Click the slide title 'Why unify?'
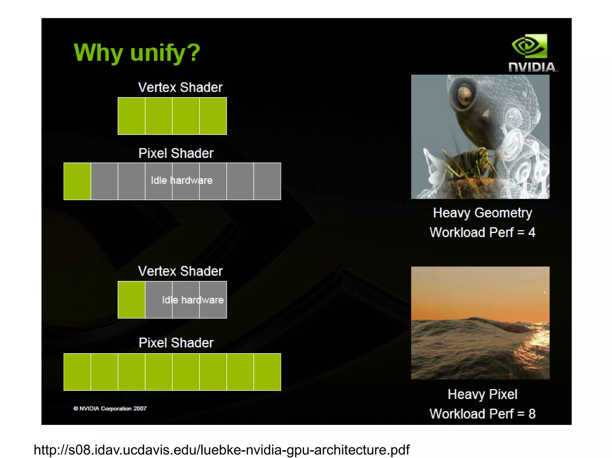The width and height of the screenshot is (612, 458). (137, 53)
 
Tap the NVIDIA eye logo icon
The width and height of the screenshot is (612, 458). (529, 46)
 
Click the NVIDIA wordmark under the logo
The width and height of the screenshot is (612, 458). (533, 67)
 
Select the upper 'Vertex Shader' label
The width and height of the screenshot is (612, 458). (180, 87)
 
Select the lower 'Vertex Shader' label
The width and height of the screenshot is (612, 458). (180, 271)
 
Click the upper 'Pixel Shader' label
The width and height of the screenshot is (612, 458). (176, 153)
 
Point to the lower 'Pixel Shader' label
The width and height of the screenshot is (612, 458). (176, 343)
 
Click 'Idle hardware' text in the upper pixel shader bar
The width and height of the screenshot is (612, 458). (182, 181)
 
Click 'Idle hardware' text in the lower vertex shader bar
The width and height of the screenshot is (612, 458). (193, 300)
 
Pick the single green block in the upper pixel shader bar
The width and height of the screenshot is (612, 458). (77, 181)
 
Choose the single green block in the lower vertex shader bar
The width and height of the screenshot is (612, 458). (131, 300)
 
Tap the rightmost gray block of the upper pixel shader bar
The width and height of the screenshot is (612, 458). (267, 181)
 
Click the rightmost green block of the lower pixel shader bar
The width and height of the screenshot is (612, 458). (267, 372)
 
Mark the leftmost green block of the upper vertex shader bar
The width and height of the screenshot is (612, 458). (131, 116)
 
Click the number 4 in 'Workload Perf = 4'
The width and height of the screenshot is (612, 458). (532, 232)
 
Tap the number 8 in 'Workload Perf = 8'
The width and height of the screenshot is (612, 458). (532, 414)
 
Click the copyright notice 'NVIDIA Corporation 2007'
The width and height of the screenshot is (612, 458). (110, 408)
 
